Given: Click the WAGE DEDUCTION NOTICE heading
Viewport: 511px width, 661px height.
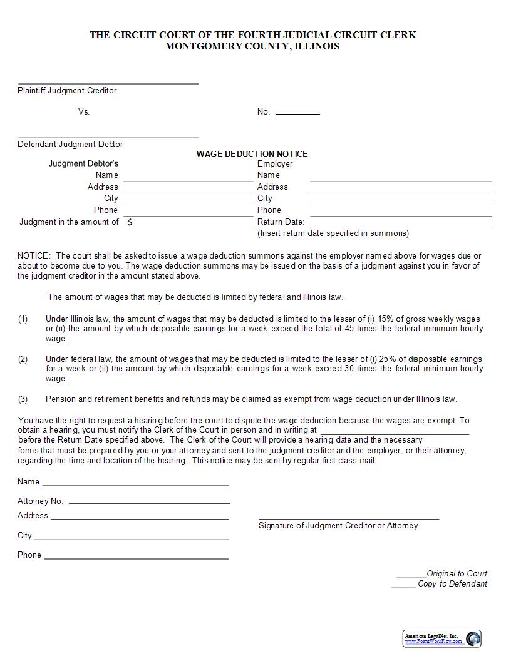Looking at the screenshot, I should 252,154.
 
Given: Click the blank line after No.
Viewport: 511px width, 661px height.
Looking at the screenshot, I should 297,113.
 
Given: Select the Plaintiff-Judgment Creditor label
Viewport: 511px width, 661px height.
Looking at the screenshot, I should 67,91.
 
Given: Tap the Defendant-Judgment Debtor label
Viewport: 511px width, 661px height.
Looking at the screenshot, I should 70,145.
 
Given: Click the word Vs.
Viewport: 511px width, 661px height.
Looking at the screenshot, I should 84,112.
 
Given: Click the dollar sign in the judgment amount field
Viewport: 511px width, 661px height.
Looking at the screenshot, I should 130,222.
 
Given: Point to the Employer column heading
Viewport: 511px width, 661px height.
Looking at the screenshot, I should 275,164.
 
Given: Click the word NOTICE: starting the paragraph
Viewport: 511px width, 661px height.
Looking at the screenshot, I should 33,256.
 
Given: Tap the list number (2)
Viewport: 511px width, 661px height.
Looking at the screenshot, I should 23,359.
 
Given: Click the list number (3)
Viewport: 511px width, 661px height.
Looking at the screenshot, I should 23,399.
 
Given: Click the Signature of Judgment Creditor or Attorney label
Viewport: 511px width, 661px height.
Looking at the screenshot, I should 338,526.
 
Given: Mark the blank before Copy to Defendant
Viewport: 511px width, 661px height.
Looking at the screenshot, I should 403,585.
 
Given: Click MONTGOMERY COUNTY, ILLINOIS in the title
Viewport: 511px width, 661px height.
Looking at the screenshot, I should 252,46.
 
